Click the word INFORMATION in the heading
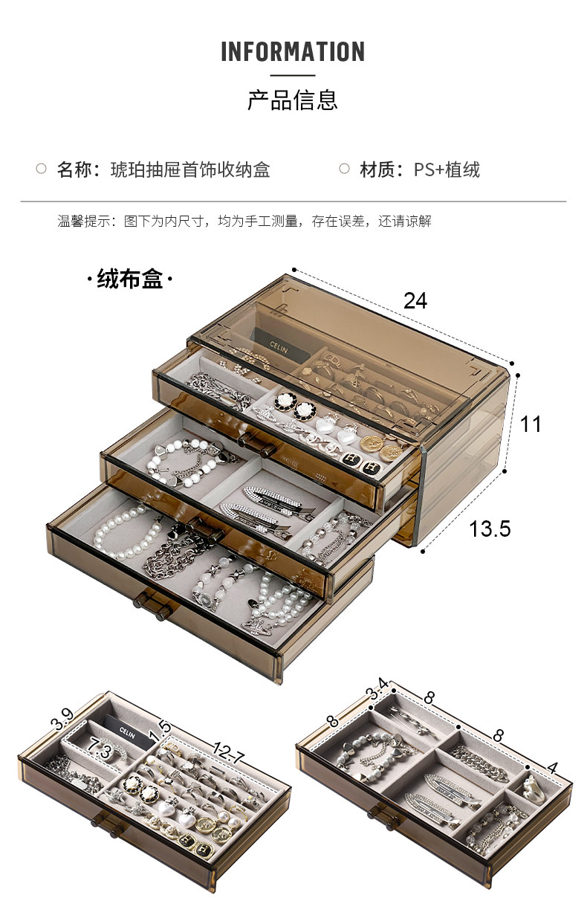point(293,52)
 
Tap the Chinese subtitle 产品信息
point(293,100)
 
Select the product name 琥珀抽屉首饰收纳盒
point(189,169)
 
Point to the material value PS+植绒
point(447,169)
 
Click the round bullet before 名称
point(42,169)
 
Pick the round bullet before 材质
point(344,169)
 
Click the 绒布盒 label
point(130,280)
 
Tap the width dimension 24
point(415,300)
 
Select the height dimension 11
point(531,424)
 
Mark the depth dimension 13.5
point(490,529)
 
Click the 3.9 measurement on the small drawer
point(62,720)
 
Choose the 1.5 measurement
point(160,731)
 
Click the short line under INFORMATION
point(293,75)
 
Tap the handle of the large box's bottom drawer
point(153,606)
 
